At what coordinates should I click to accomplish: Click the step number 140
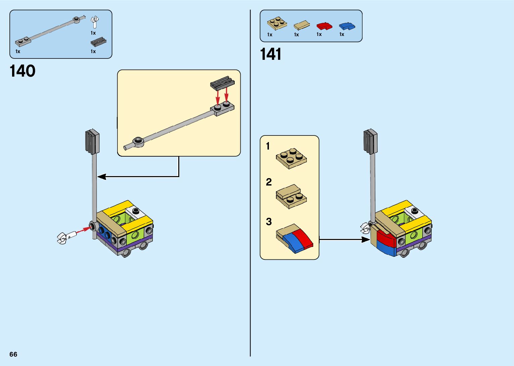[22, 71]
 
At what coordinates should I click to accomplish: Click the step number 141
[271, 54]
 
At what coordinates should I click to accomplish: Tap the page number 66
[13, 354]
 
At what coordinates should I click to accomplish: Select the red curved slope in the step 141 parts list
[324, 26]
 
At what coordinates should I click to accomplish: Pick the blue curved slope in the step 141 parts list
[347, 26]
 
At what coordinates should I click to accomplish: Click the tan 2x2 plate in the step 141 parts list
[277, 24]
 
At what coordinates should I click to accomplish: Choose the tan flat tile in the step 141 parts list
[301, 25]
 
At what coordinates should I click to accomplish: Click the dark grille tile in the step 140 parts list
[98, 42]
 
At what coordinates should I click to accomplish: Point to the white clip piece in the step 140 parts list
[95, 22]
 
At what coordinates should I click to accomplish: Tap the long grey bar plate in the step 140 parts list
[47, 31]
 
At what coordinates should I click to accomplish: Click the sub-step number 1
[268, 146]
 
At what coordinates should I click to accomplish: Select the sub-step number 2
[269, 182]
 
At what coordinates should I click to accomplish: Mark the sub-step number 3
[269, 222]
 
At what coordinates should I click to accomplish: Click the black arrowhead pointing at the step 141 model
[366, 240]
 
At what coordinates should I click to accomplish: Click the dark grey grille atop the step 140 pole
[92, 141]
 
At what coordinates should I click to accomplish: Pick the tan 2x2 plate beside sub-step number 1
[291, 158]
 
